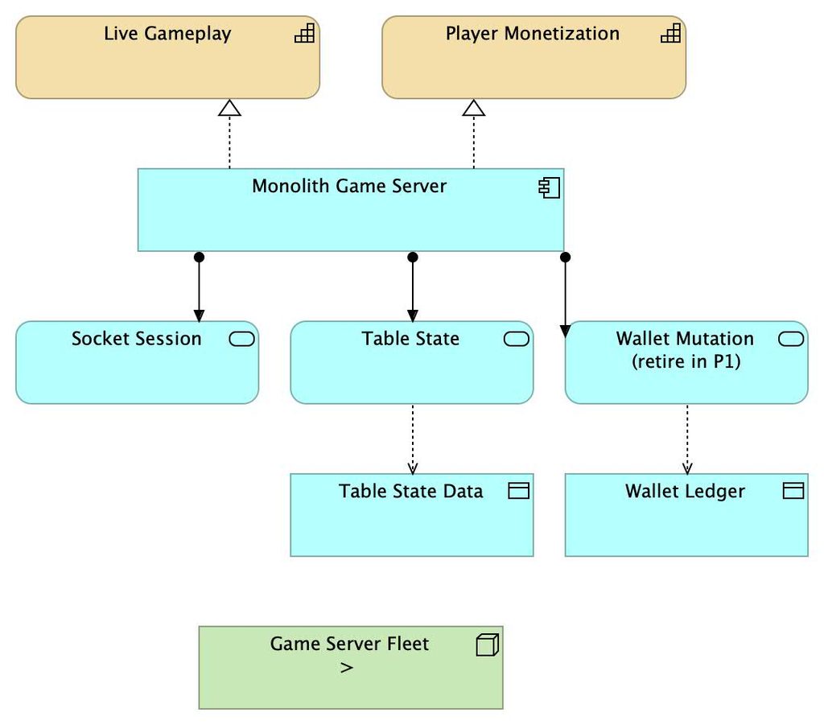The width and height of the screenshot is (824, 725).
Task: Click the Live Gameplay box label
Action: [167, 34]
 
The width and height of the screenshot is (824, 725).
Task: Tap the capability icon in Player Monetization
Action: [670, 32]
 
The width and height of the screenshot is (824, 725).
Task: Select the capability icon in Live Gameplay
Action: [304, 32]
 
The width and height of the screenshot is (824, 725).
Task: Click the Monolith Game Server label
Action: [349, 186]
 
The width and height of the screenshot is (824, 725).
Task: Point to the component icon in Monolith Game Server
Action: [549, 187]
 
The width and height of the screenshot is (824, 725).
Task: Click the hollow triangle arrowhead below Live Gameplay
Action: [229, 108]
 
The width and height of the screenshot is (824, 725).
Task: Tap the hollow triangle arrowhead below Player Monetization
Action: [473, 108]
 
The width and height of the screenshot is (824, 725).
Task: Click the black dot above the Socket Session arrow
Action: [199, 257]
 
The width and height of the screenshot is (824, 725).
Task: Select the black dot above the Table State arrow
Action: [413, 257]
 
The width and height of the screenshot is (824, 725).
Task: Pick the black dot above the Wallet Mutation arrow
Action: [565, 257]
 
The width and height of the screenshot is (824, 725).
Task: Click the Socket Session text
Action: [137, 339]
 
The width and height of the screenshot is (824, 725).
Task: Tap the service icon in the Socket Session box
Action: [241, 339]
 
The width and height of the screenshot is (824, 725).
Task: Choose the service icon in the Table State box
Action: [517, 339]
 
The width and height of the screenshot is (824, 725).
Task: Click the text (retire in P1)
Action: [686, 361]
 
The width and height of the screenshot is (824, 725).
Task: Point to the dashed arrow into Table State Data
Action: [413, 439]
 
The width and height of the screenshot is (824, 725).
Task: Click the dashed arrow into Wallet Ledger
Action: [687, 439]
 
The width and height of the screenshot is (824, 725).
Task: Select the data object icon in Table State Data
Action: [519, 491]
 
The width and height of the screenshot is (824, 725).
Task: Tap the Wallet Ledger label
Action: [686, 491]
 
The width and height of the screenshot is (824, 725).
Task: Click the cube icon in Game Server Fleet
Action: [487, 645]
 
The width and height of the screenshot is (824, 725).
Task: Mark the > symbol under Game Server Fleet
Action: [347, 668]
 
